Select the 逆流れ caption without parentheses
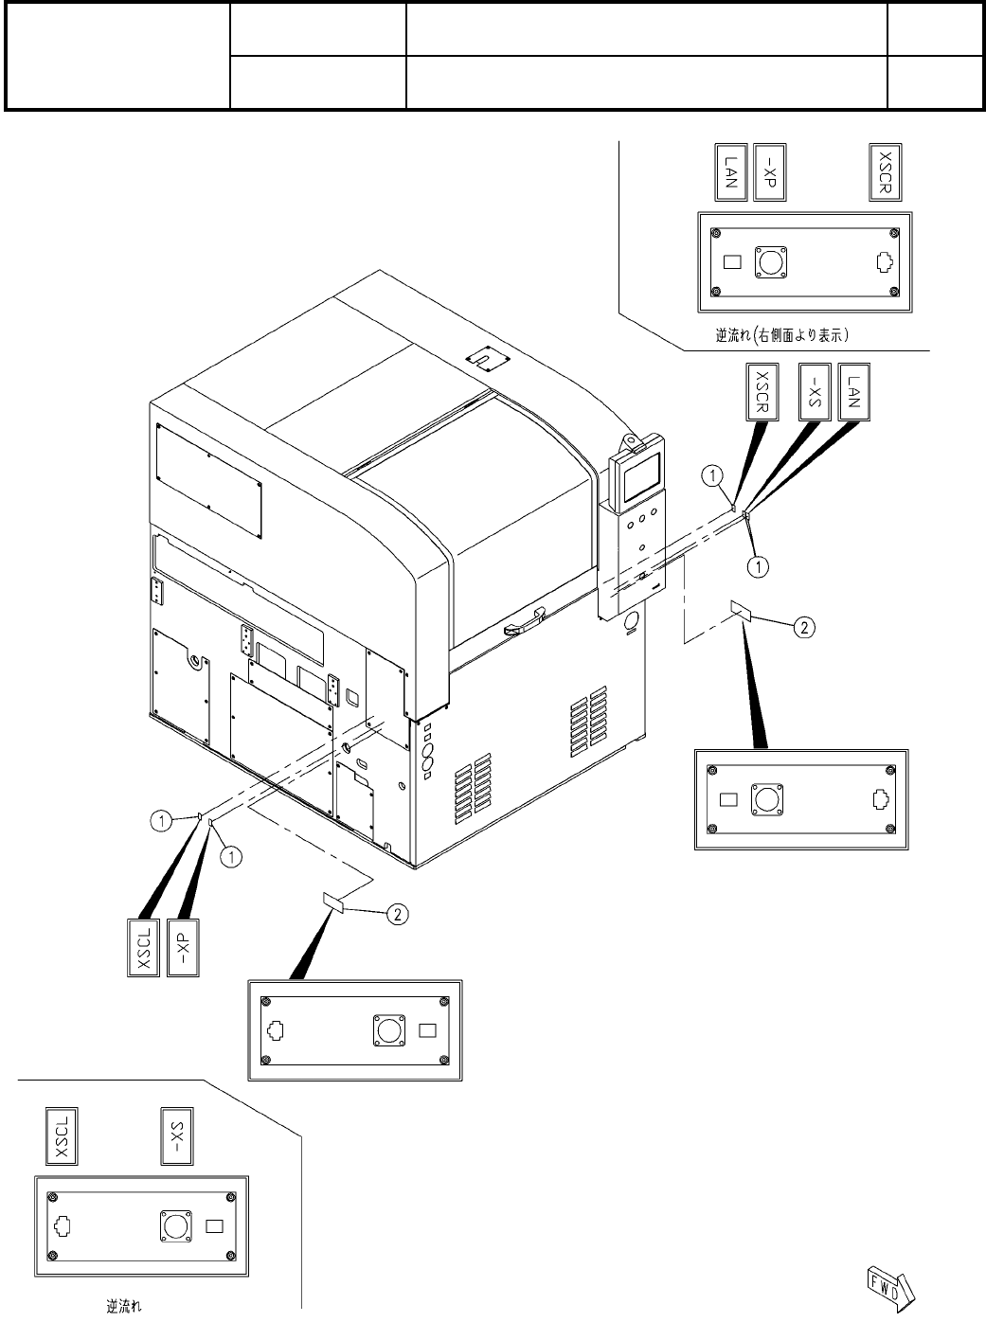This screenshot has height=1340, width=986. (x=124, y=1309)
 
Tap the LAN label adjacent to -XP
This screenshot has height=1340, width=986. (x=730, y=172)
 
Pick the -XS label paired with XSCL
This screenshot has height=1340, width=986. (x=177, y=1136)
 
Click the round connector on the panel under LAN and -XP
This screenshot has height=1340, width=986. (x=771, y=261)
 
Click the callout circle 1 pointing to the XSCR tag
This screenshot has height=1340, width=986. (x=712, y=473)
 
